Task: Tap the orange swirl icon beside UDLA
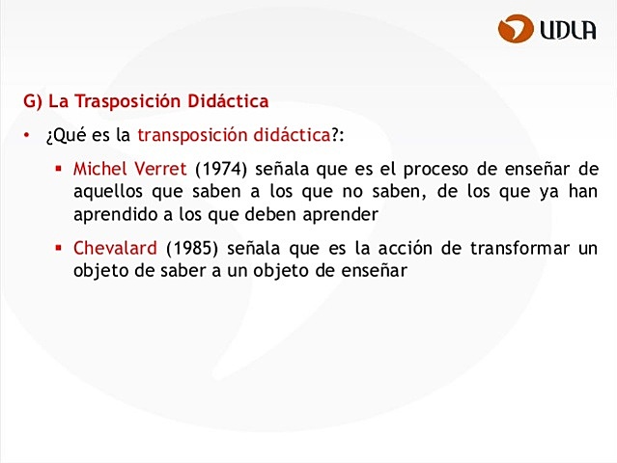point(516,29)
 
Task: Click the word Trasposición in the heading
point(128,101)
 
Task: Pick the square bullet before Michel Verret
point(59,168)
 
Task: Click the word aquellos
point(106,190)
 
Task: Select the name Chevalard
point(115,248)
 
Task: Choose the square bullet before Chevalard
point(59,248)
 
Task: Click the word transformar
point(519,248)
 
